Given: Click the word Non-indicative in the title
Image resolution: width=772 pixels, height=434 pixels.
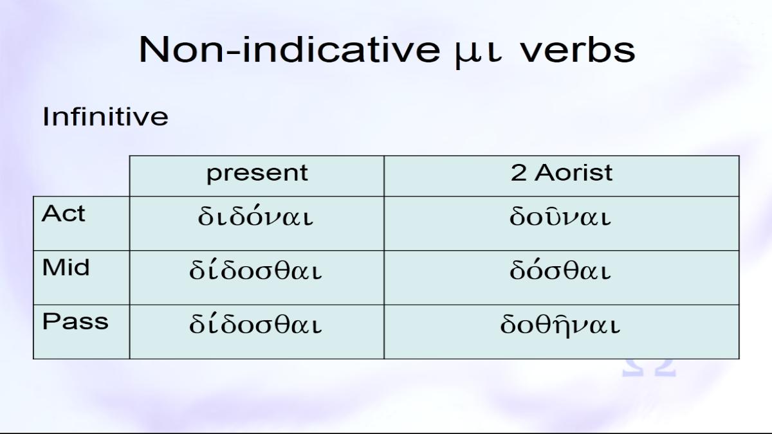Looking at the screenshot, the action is [289, 50].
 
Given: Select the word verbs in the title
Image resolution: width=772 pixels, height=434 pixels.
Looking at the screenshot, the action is [578, 50].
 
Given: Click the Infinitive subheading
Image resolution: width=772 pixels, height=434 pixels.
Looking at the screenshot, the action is [106, 116].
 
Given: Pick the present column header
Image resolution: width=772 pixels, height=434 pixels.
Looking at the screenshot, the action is [257, 173].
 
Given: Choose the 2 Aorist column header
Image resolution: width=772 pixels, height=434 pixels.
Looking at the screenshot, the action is [562, 172].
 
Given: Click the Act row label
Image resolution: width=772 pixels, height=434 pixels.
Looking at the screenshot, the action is [63, 213].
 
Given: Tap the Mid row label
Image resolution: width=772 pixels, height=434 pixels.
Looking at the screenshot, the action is [66, 267].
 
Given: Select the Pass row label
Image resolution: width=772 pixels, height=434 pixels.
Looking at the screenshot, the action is [75, 321].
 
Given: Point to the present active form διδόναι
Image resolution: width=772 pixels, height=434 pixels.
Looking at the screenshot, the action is [255, 215].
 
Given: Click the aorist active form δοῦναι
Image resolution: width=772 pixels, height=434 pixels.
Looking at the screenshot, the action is [560, 215].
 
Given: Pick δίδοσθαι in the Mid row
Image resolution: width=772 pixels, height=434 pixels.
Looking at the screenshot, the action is [255, 269].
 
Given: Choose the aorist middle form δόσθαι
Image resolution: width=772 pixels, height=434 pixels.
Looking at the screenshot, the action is [560, 269].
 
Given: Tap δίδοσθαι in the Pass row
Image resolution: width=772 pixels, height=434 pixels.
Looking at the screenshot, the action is [255, 324].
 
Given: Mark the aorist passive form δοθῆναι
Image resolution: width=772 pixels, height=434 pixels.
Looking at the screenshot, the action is [560, 325].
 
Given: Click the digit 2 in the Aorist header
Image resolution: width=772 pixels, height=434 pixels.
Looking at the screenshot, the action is [519, 172].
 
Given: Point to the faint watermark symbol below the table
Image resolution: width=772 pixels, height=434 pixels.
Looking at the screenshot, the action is [649, 368].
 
